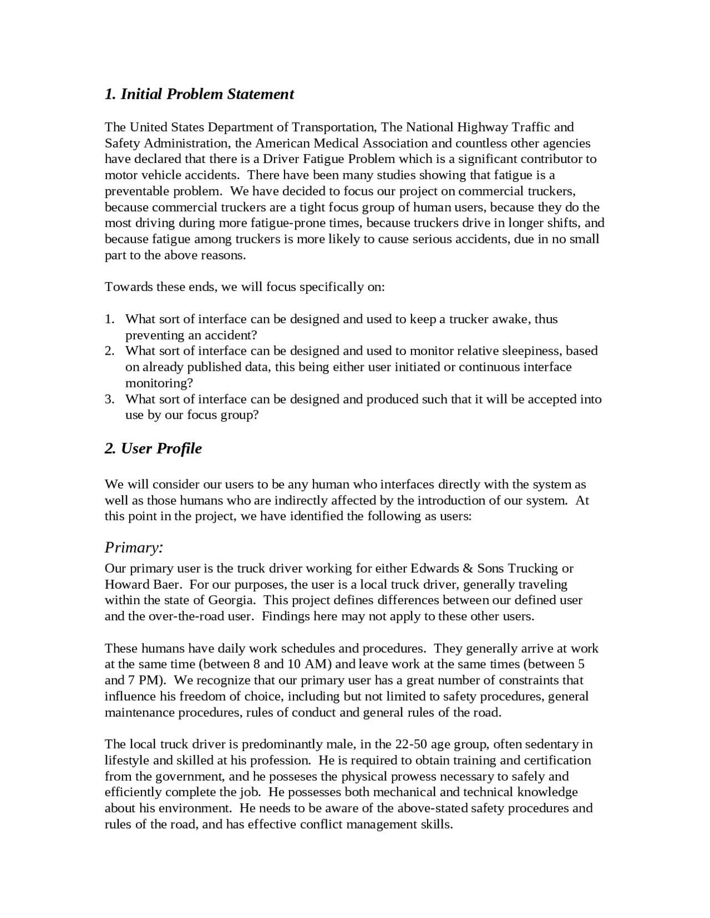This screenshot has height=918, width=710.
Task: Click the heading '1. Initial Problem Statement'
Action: (x=199, y=94)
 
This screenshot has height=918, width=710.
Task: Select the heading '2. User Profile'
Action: (x=153, y=448)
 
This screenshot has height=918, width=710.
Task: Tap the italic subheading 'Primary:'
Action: (x=134, y=548)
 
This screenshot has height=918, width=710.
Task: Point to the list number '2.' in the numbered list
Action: (x=110, y=351)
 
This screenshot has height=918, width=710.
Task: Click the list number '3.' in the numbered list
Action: (x=110, y=399)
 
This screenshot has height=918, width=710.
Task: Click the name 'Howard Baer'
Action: (x=142, y=584)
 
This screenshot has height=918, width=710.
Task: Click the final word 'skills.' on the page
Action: (x=435, y=824)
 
